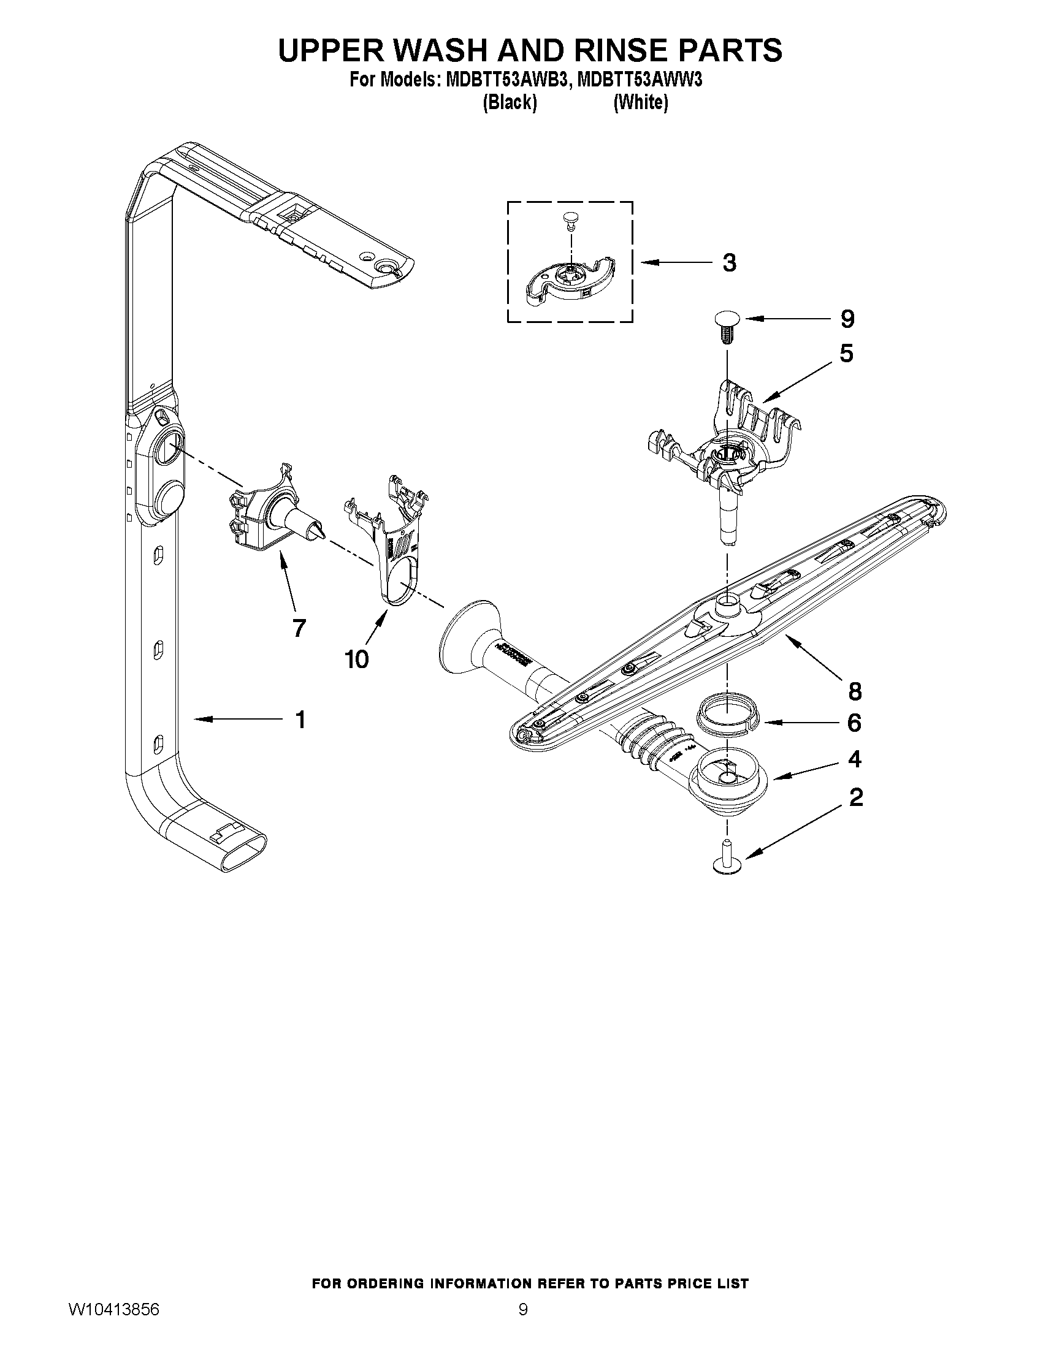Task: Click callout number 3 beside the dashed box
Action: click(x=730, y=263)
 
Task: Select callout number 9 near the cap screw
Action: click(x=847, y=319)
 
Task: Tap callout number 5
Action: click(x=846, y=354)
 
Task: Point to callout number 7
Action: click(x=299, y=628)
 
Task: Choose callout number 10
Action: click(x=357, y=659)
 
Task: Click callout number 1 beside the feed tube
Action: click(x=300, y=720)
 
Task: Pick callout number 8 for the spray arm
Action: click(x=855, y=691)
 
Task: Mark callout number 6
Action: click(x=854, y=723)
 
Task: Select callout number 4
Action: click(x=855, y=759)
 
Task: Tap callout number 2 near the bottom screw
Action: click(x=856, y=797)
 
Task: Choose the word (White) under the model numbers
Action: click(x=640, y=102)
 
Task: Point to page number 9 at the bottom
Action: click(x=523, y=1324)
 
